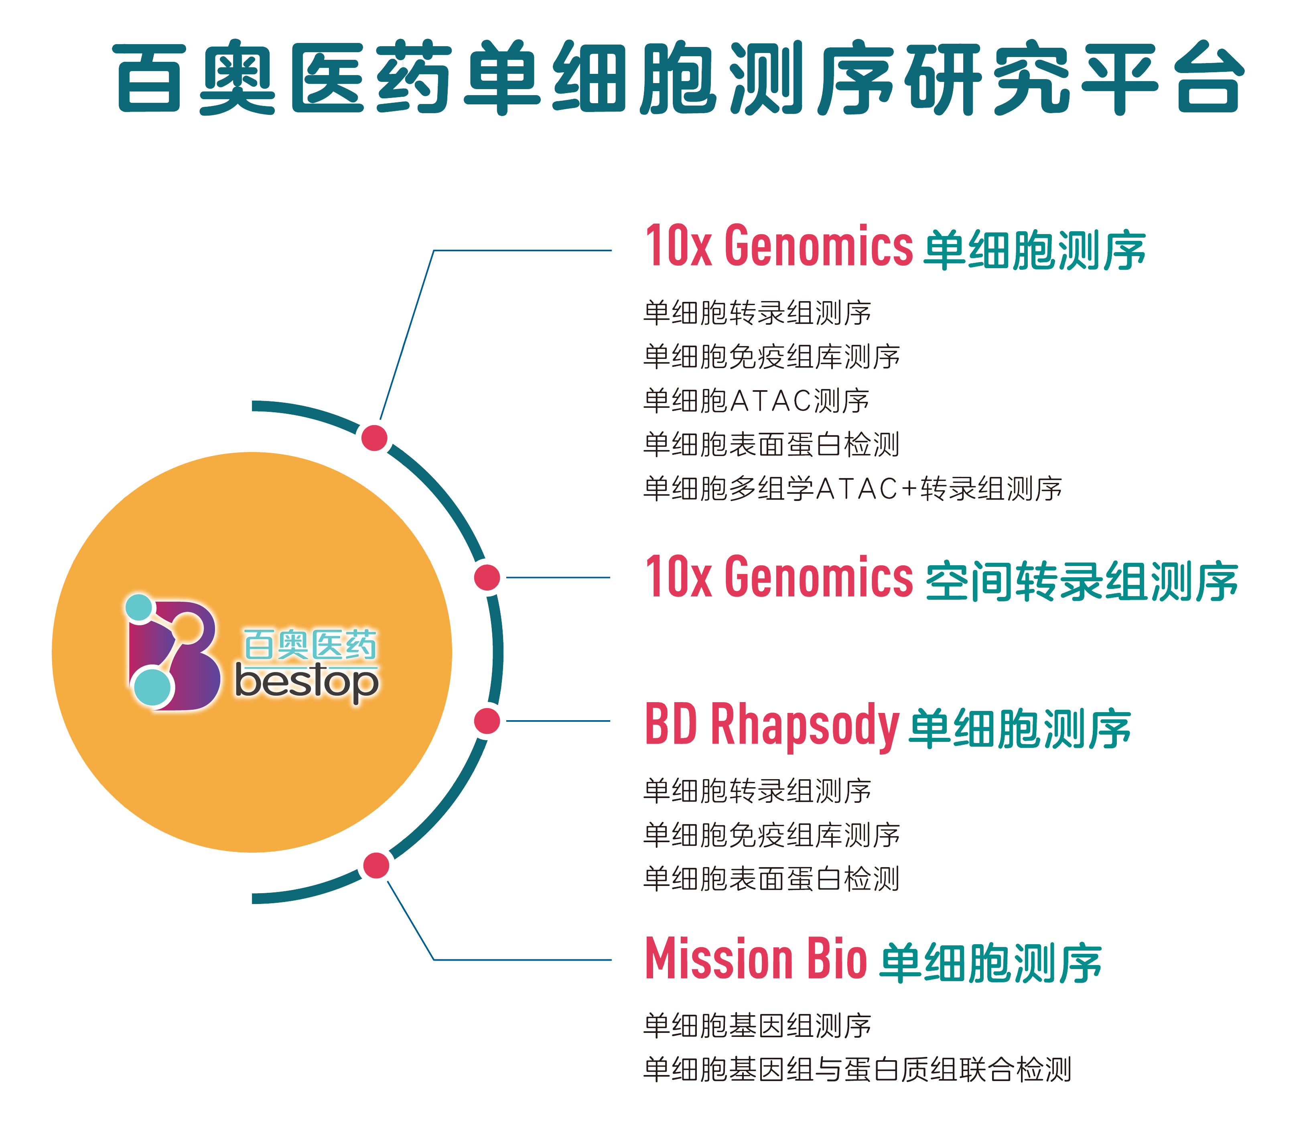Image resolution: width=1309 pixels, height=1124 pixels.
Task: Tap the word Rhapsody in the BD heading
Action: [x=805, y=726]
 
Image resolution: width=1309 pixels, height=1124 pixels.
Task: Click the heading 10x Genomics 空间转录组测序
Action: [x=941, y=578]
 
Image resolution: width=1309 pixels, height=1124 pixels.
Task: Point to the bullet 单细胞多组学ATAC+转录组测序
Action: [x=852, y=489]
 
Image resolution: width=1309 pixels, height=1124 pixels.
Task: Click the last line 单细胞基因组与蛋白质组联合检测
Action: [x=856, y=1070]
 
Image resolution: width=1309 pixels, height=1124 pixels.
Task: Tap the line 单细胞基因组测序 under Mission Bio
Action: [x=757, y=1025]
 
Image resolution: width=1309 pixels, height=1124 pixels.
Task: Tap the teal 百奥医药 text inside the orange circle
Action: [x=310, y=644]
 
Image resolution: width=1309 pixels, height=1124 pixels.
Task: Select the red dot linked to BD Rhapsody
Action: [x=487, y=721]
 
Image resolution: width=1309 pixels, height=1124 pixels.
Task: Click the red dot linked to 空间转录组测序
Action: [x=487, y=577]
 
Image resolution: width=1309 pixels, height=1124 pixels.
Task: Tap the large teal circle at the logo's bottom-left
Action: [x=152, y=687]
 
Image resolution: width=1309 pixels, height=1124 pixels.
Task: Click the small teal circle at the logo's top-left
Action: [x=139, y=607]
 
